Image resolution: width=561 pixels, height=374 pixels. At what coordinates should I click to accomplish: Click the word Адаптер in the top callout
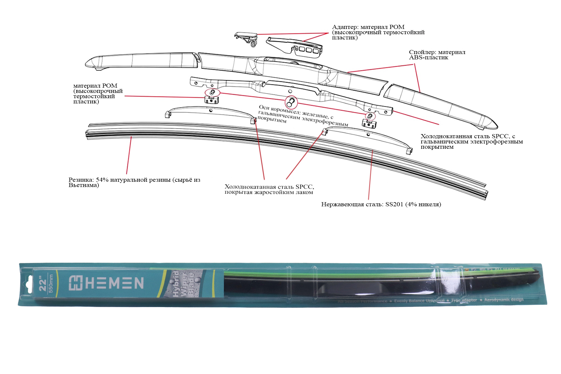[345, 27]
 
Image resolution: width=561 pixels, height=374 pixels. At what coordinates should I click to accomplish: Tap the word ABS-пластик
[428, 58]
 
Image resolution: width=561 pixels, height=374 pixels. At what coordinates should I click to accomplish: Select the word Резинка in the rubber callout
[81, 180]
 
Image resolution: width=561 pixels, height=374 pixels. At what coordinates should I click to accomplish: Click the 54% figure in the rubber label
[102, 180]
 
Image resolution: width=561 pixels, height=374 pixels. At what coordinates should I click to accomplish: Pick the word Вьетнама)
[84, 185]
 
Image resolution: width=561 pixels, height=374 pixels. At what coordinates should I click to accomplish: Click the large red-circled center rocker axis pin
[291, 103]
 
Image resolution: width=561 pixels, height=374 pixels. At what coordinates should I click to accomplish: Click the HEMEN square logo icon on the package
[76, 283]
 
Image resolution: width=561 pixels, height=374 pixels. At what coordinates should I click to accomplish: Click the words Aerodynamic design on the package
[504, 300]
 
